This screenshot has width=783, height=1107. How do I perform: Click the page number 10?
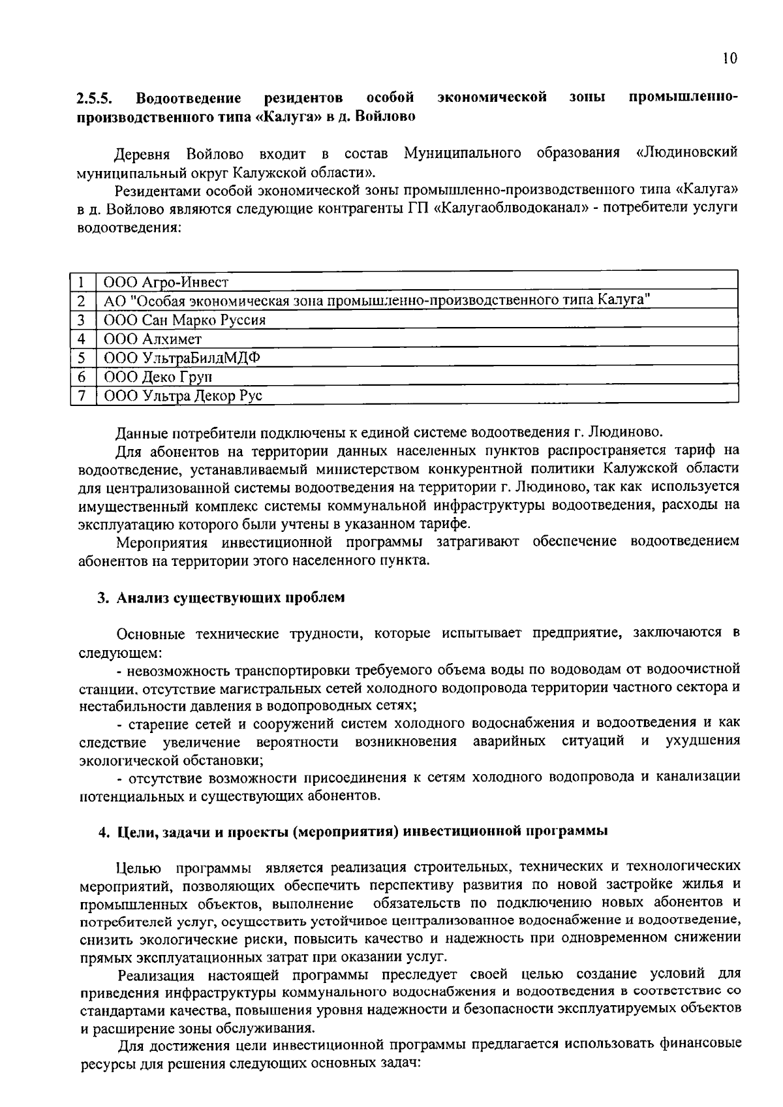tap(730, 59)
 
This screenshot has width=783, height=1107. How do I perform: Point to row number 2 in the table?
tap(82, 302)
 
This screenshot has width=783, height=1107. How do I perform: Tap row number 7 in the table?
tap(82, 396)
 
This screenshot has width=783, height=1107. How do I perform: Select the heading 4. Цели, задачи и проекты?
tap(353, 832)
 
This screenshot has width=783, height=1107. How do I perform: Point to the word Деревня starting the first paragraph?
tap(142, 154)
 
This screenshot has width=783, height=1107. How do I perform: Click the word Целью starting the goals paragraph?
tap(138, 867)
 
